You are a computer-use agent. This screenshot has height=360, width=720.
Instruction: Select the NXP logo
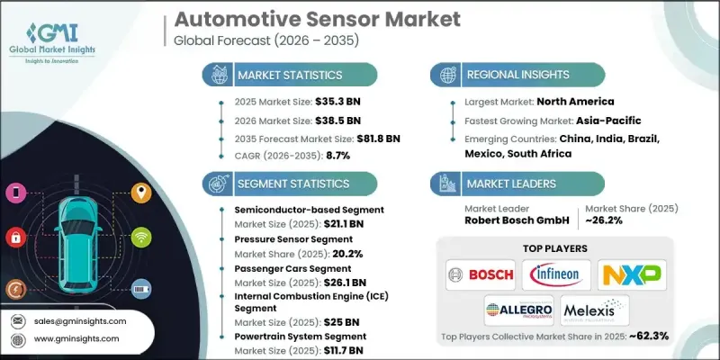tap(632, 273)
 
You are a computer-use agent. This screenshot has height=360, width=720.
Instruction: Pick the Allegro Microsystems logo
tap(520, 310)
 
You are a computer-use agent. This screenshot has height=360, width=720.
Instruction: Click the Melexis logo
tap(594, 310)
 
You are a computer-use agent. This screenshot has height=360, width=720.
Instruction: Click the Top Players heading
tap(558, 247)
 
